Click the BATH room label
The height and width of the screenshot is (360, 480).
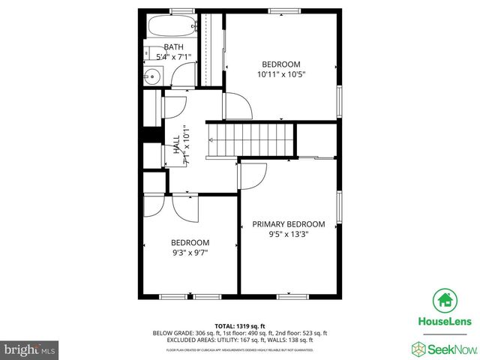[173, 47]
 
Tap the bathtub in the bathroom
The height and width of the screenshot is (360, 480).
[172, 27]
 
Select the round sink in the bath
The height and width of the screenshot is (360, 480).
[151, 75]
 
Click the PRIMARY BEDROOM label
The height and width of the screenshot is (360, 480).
[289, 224]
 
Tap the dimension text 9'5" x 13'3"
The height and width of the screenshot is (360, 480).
[289, 234]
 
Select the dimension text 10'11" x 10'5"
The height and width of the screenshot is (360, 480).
[281, 74]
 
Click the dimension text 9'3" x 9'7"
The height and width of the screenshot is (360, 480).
[190, 253]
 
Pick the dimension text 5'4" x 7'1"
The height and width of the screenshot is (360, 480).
[173, 57]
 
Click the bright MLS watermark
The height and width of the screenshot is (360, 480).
[30, 349]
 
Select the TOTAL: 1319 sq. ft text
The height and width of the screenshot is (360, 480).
[240, 326]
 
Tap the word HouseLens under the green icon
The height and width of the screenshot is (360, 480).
[444, 322]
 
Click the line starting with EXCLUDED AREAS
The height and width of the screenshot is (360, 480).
[240, 340]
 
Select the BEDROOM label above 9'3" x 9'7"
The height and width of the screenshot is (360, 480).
[190, 242]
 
